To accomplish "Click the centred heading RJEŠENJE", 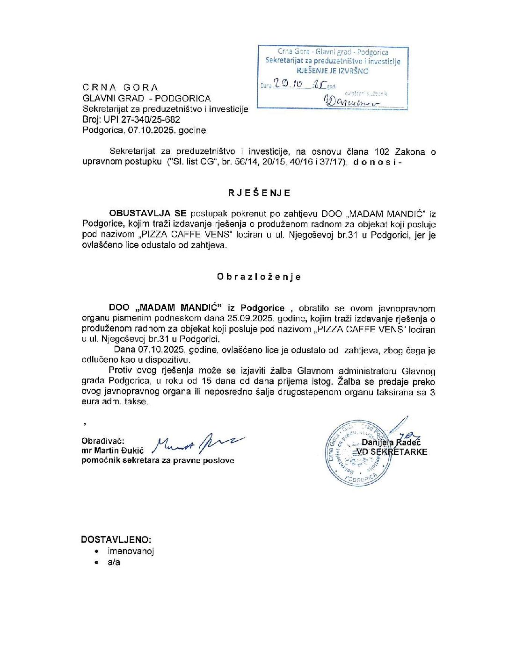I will pos(259,193).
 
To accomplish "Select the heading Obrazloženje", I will pos(259,277).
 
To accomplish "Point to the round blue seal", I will pos(358,453).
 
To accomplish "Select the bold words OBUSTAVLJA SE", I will pos(148,214).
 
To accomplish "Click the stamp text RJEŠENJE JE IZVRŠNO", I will pos(333,71).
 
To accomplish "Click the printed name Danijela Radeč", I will pos(391,442).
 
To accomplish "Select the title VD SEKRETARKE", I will pos(392,452).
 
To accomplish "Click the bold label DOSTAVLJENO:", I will pos(116,539).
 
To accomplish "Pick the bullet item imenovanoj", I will pos(131,551).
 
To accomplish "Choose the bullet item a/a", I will pos(114,562).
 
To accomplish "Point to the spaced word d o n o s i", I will pos(374,162).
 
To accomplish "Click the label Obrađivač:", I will pos(103,441).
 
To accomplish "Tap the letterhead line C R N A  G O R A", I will pos(120,87).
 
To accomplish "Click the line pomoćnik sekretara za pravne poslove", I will pos(158,460).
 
